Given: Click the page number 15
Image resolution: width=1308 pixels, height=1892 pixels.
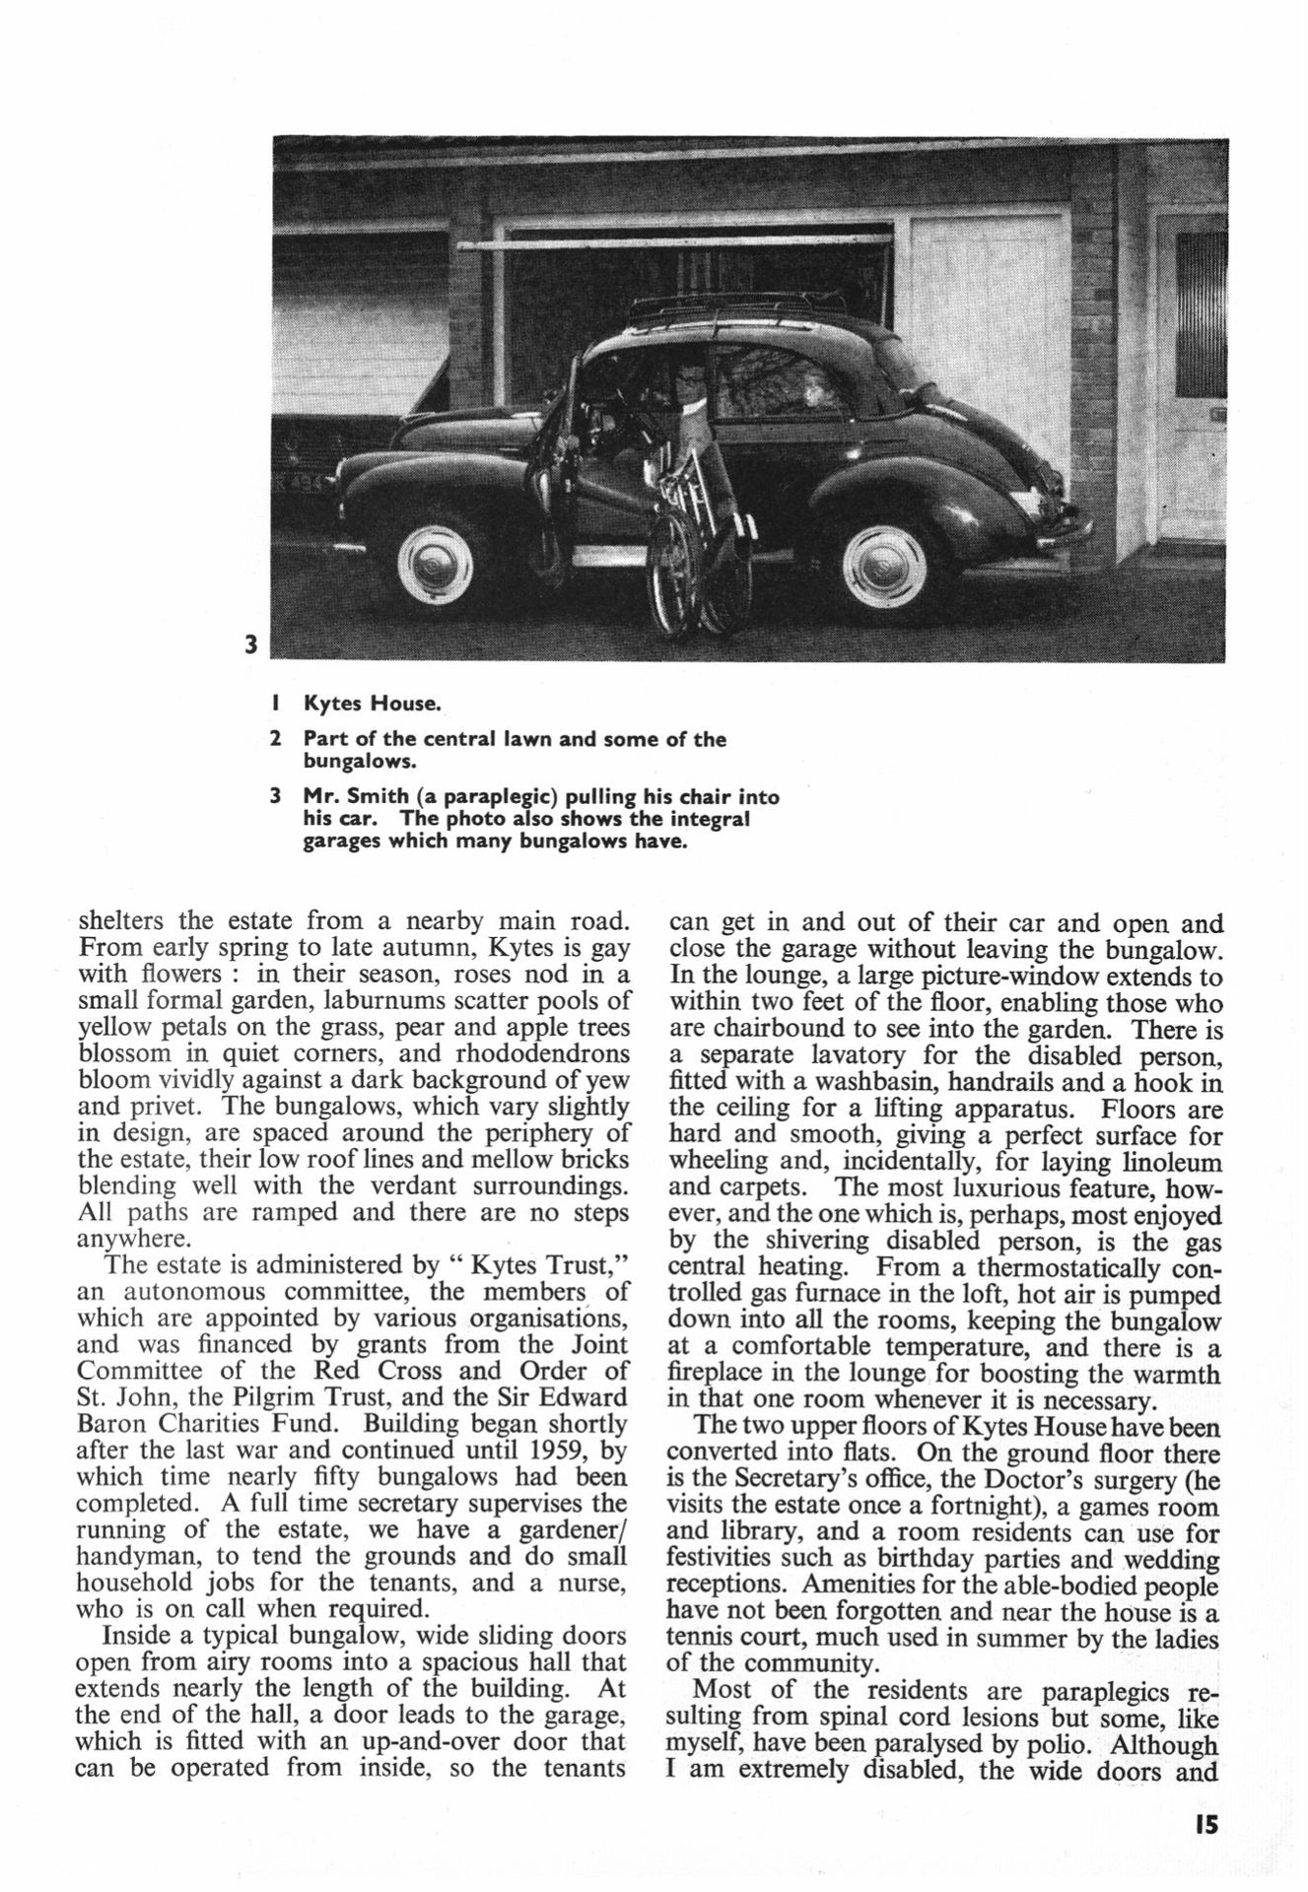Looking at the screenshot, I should (1205, 1825).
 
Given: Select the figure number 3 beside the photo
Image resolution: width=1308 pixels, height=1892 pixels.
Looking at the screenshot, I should (250, 645).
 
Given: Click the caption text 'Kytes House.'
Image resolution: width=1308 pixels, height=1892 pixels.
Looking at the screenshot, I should (371, 705).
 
